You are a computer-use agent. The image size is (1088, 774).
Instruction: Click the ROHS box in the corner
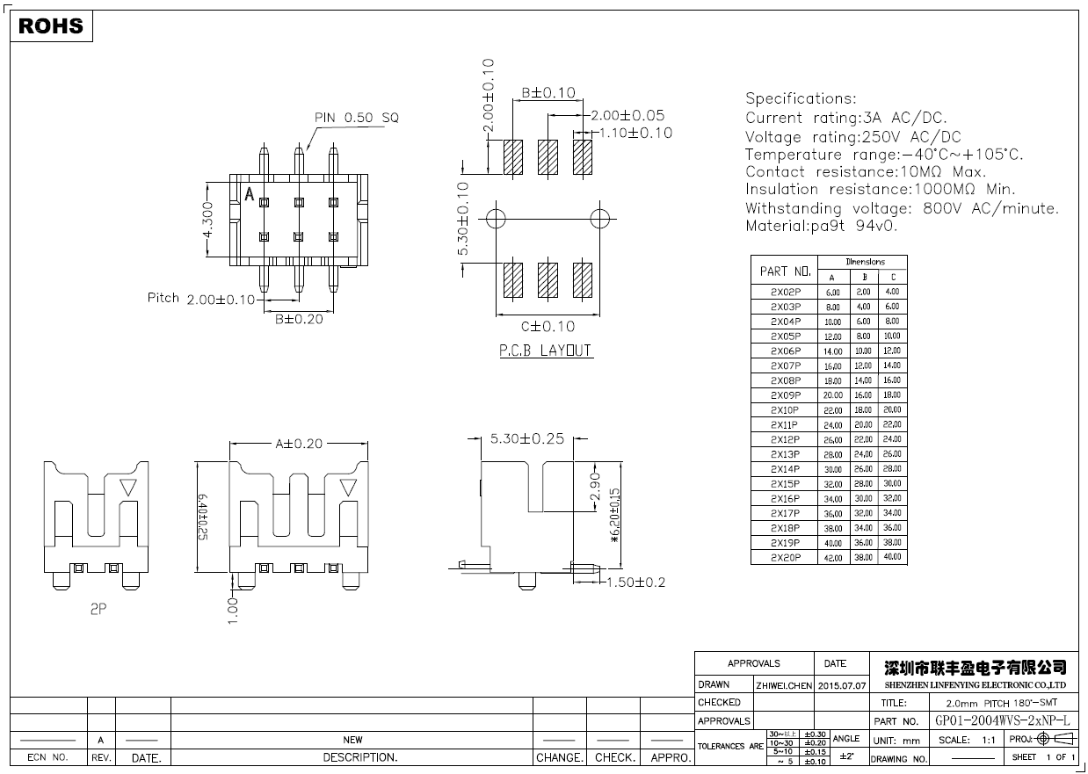[51, 26]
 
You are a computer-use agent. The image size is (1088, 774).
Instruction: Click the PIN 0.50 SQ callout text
[356, 117]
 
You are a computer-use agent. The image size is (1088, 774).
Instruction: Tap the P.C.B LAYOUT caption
[545, 351]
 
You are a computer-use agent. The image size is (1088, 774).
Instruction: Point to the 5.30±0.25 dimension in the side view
[526, 438]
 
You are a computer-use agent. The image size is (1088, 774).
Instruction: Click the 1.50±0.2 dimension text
[636, 582]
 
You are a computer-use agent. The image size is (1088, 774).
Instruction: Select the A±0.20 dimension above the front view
[298, 444]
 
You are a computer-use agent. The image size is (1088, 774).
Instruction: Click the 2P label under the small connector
[98, 608]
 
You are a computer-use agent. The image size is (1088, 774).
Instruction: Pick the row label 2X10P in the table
[785, 410]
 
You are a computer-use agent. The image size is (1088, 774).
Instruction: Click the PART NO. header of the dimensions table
[785, 271]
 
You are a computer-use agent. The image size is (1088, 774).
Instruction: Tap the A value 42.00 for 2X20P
[832, 558]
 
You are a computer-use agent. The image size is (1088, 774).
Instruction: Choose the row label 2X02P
[785, 292]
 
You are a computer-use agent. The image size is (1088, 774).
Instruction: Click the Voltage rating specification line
[852, 137]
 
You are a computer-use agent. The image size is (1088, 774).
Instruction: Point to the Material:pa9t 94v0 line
[822, 226]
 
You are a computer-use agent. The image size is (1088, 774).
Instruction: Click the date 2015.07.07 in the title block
[841, 684]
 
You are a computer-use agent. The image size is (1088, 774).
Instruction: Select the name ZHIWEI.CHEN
[784, 684]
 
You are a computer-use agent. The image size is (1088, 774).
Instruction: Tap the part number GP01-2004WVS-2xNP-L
[1002, 720]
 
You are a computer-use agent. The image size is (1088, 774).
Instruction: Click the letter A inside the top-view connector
[249, 195]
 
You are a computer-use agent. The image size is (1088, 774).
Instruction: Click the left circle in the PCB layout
[495, 217]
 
